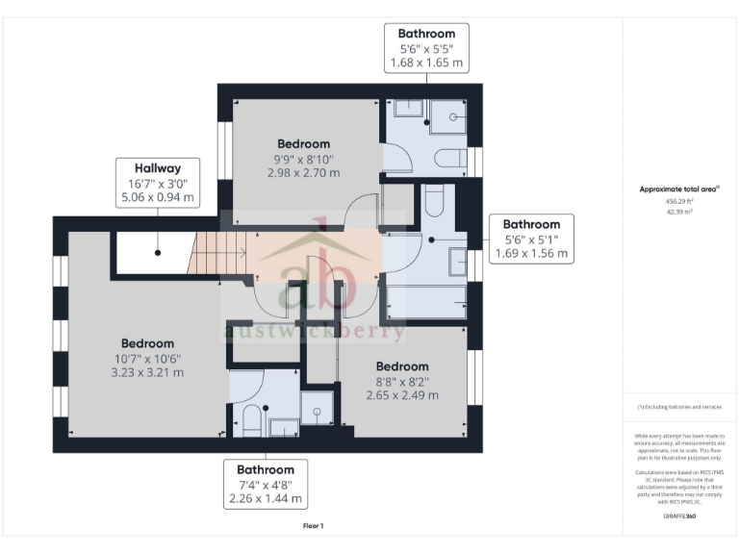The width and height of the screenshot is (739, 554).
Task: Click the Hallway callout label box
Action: pos(156,183)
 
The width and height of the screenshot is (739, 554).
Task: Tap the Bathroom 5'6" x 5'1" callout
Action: pos(530,239)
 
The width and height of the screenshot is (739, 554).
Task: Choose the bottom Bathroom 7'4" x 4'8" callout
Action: pos(266,485)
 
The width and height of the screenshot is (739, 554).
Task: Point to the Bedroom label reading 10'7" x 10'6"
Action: pos(147,357)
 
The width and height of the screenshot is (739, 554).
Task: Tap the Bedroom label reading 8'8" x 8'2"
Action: pos(402,380)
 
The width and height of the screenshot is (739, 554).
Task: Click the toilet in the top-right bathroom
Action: pos(448,158)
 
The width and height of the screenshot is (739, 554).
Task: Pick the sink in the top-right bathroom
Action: pos(405,109)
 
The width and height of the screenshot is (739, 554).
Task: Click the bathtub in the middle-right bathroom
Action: pos(424,303)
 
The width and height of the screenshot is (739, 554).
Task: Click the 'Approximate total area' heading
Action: pos(679,189)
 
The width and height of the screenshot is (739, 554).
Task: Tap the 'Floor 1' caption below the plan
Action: pos(314,525)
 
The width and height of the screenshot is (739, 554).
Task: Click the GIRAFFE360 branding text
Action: pos(679,516)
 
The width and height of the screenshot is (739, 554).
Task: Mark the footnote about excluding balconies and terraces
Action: pos(679,407)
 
